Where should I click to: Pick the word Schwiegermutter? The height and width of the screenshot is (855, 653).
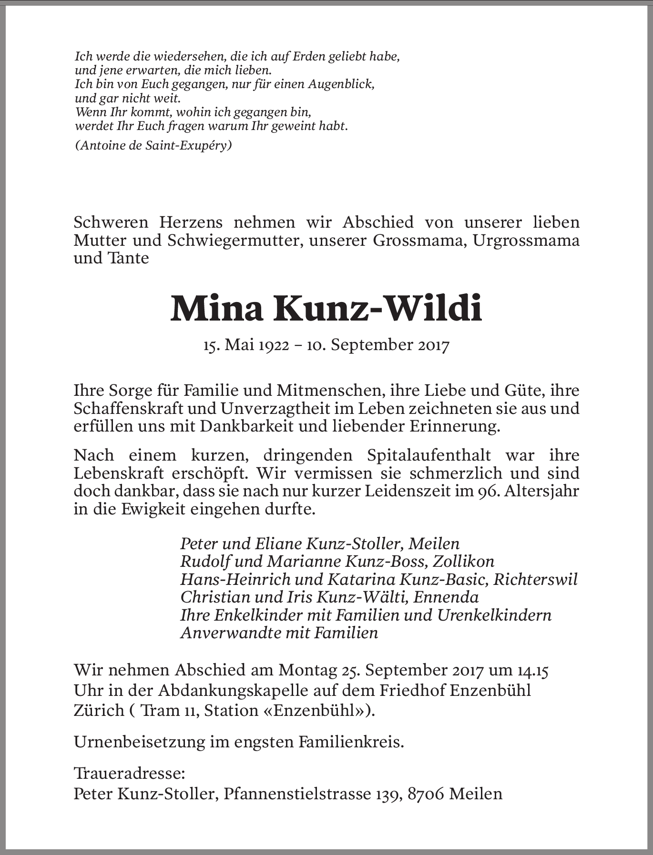pos(235,240)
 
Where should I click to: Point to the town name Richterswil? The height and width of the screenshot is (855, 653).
pos(535,579)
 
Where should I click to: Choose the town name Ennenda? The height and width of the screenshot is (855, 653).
pos(446,597)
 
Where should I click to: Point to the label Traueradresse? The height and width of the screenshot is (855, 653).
pos(129,773)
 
